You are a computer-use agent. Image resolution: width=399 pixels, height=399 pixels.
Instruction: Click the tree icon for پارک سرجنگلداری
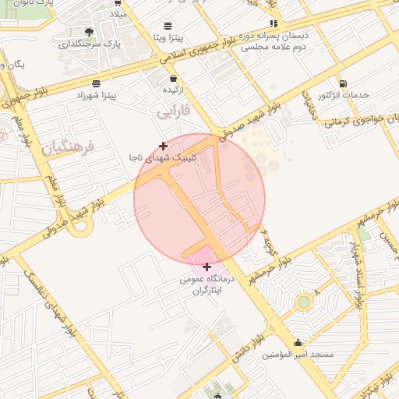[x=89, y=32]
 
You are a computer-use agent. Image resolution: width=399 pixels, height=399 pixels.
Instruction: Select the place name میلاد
[x=117, y=15]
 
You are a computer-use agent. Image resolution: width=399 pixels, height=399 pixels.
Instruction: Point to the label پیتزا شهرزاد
[x=95, y=95]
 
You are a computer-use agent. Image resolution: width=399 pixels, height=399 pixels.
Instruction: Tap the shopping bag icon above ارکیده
[x=172, y=78]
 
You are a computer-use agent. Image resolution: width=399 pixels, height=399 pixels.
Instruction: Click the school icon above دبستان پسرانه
[x=273, y=24]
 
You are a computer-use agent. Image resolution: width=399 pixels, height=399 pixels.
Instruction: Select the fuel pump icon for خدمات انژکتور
[x=343, y=83]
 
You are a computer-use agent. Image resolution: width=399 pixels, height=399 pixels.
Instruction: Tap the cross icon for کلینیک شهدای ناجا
[x=163, y=146]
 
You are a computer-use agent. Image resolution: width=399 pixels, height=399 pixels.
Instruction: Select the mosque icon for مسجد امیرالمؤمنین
[x=298, y=342]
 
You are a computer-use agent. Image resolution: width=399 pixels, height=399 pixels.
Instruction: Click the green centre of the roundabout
[x=304, y=302]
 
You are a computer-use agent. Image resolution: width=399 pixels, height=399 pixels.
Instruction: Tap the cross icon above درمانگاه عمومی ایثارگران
[x=207, y=267]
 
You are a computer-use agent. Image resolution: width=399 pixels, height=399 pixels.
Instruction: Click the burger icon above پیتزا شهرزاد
[x=95, y=83]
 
